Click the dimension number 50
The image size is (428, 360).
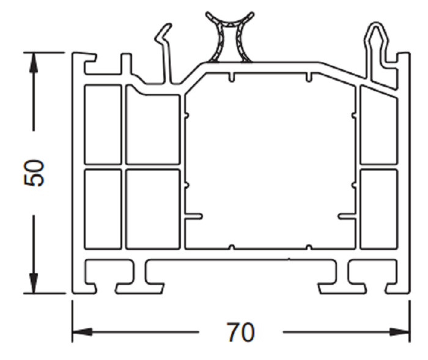[34, 173]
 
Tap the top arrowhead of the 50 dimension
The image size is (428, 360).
[34, 61]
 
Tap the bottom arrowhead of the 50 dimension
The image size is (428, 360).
[34, 285]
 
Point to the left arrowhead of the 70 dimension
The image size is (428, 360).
[83, 333]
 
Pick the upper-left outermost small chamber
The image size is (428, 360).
[102, 125]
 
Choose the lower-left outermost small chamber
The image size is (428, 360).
[102, 208]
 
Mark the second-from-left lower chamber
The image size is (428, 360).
[153, 208]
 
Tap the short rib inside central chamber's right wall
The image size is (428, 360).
[346, 215]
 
